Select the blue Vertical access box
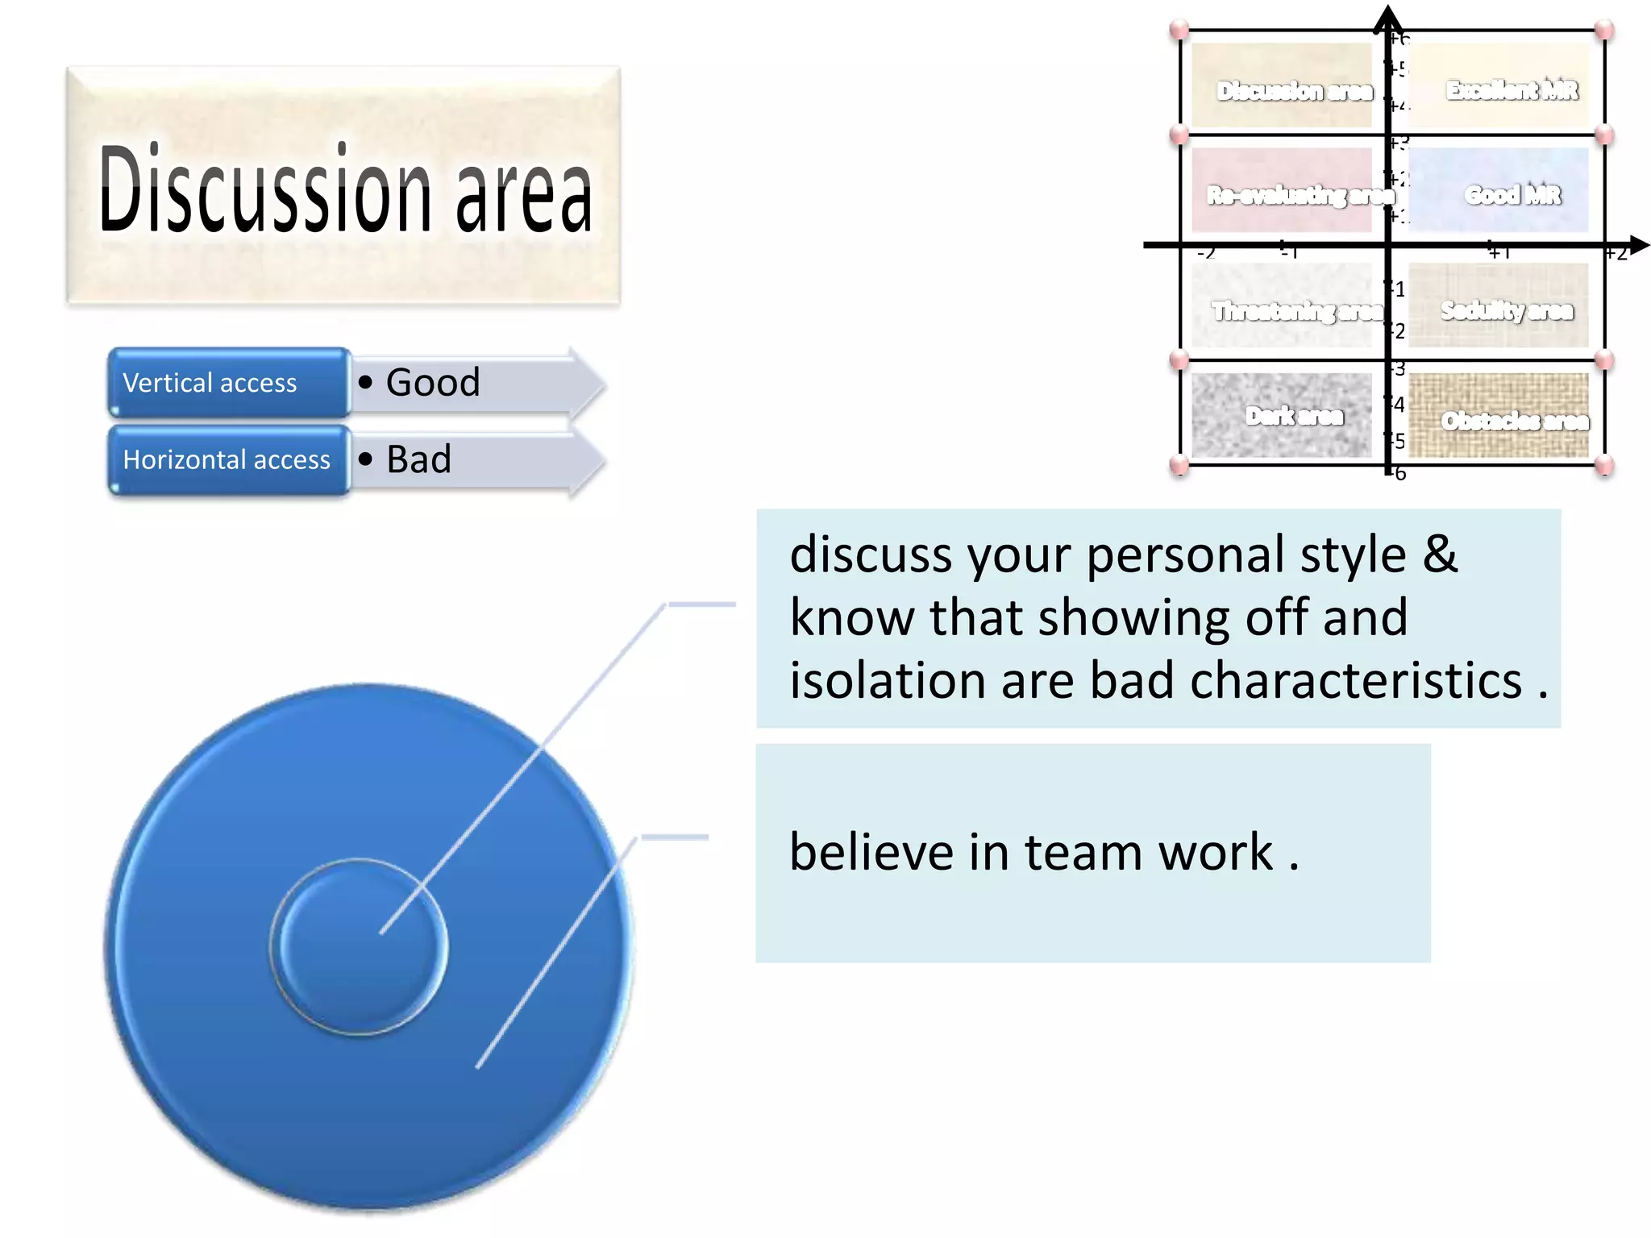coord(229,382)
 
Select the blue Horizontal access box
coord(229,459)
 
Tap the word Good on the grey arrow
coord(433,382)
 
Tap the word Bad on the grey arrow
coord(418,459)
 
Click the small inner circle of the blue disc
coord(358,946)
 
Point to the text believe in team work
coord(1043,853)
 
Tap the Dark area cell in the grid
coord(1282,416)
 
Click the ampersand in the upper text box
coord(1441,555)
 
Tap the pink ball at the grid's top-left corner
coord(1179,30)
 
